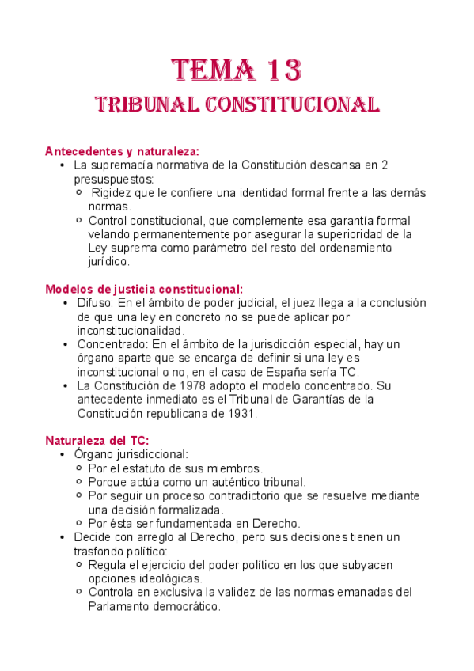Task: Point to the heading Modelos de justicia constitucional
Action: pos(144,289)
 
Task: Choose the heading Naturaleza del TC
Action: pos(97,440)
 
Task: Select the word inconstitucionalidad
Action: pos(131,330)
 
